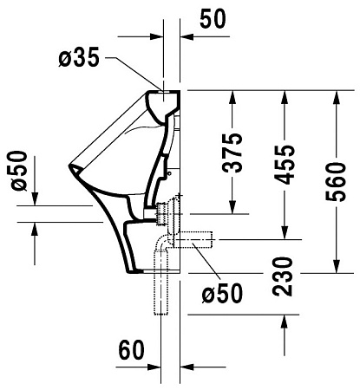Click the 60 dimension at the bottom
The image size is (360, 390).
(x=131, y=350)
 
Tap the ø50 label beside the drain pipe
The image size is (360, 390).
(x=222, y=294)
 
